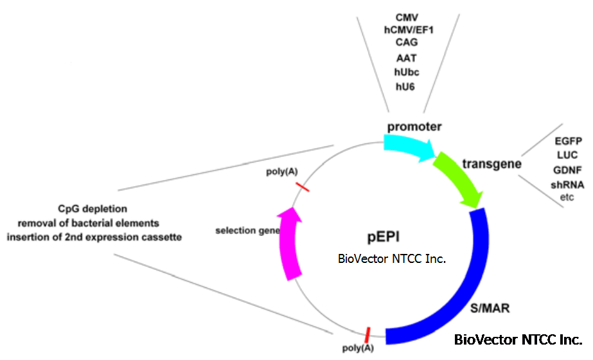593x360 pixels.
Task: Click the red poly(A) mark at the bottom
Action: (x=367, y=334)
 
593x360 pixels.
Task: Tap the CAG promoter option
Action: (x=407, y=42)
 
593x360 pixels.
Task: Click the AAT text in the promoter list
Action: (x=407, y=58)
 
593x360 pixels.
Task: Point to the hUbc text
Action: (x=407, y=71)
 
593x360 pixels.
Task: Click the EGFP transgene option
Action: (x=568, y=141)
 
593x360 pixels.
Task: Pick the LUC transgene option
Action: (x=567, y=155)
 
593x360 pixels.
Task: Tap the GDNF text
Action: (x=567, y=170)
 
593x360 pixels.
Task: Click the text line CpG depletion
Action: (x=93, y=209)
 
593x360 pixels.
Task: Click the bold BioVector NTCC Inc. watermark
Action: (x=518, y=339)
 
